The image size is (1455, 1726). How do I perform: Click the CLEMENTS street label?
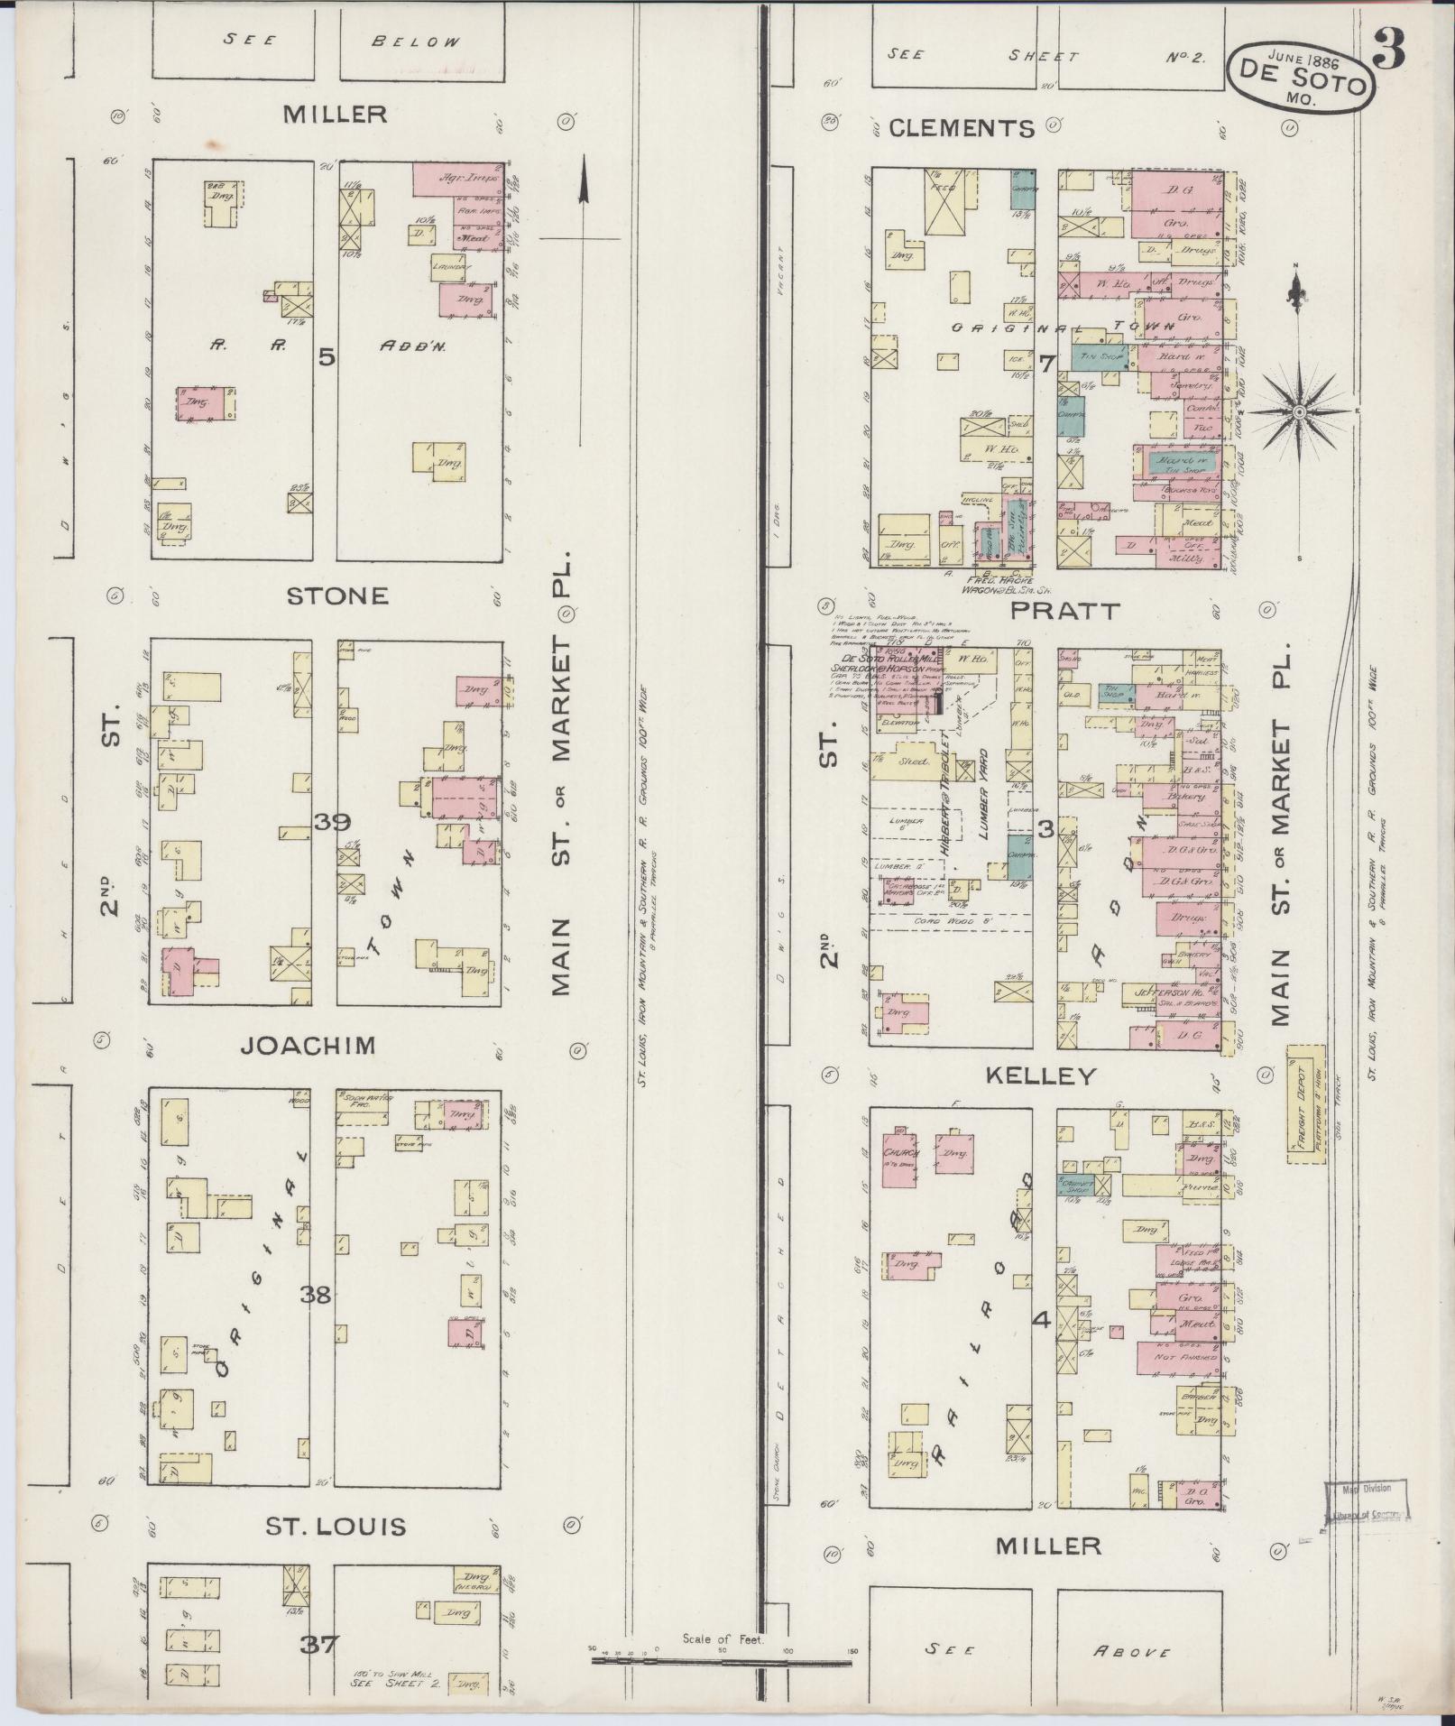(962, 128)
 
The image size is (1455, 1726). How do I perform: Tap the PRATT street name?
(1065, 610)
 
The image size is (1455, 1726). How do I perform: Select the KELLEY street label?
(1040, 1075)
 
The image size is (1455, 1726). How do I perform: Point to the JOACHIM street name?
(308, 1045)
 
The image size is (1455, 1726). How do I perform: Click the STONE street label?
(337, 595)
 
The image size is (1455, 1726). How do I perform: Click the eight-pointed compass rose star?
(1299, 412)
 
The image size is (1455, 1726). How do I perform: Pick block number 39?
(332, 821)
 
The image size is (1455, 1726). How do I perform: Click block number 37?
(319, 1644)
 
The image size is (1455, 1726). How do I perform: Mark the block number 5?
(326, 357)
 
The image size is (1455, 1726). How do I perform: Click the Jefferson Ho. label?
(1154, 991)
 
